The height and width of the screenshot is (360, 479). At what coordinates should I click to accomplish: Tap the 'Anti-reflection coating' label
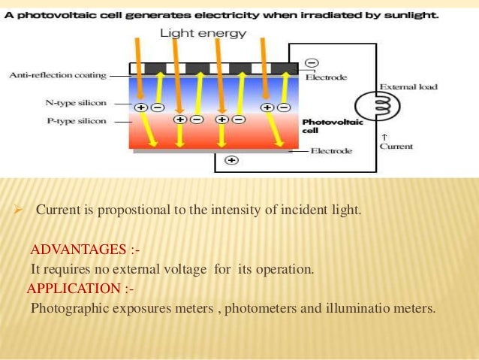57,75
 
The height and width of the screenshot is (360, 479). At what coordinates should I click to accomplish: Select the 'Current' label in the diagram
396,147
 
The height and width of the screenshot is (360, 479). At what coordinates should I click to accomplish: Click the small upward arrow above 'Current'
384,137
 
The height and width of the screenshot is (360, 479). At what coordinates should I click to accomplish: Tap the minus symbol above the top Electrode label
312,62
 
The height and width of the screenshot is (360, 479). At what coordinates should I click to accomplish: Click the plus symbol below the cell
231,159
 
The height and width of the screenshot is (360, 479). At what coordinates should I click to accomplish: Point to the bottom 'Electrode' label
332,151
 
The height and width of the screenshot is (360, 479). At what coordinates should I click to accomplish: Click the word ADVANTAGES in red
77,249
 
